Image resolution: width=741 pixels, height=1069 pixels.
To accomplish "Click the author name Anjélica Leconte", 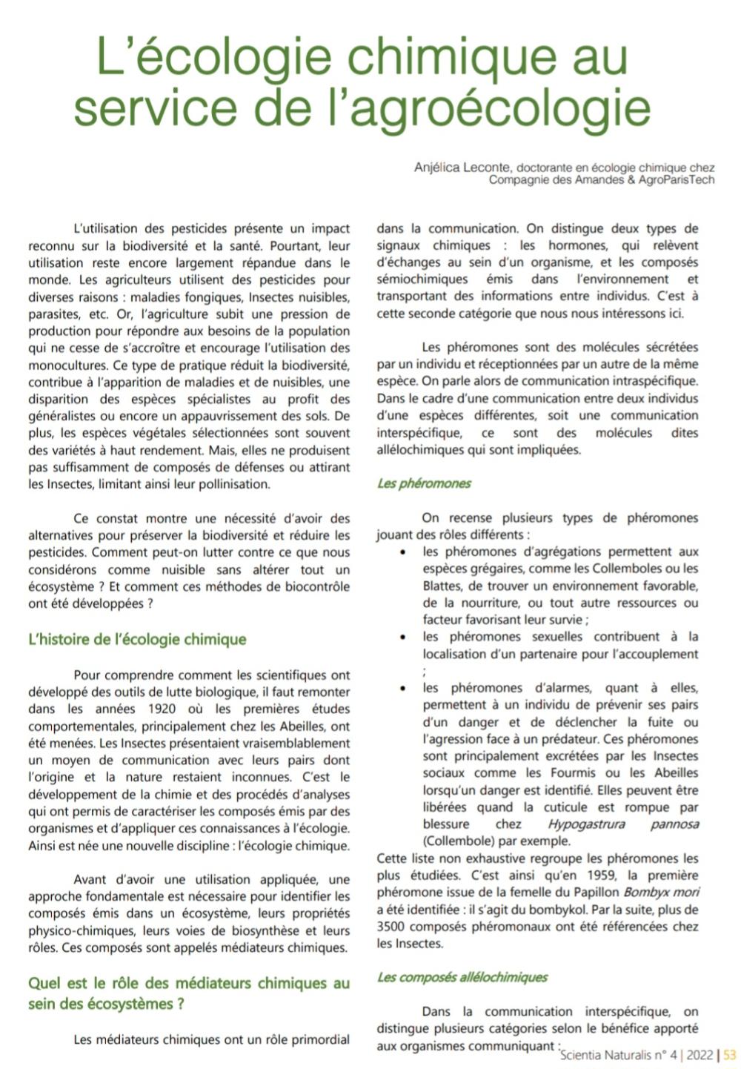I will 462,168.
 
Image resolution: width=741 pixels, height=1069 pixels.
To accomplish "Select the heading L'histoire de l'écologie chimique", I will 137,640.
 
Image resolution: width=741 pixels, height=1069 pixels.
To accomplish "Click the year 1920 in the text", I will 162,709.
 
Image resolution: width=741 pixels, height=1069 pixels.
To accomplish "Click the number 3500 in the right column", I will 393,927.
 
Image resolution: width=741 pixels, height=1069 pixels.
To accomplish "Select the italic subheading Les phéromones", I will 424,483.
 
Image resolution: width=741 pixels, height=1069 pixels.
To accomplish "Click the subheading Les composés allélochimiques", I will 462,977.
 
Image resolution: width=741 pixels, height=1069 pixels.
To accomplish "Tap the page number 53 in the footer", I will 730,1056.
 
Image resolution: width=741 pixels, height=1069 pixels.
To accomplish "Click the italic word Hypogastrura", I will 586,824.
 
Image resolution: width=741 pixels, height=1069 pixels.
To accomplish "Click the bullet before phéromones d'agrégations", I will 402,553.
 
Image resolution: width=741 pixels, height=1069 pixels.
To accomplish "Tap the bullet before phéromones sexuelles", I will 402,638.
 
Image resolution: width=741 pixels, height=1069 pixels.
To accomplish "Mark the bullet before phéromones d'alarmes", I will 402,689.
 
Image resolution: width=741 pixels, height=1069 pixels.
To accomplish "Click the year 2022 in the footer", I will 700,1056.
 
